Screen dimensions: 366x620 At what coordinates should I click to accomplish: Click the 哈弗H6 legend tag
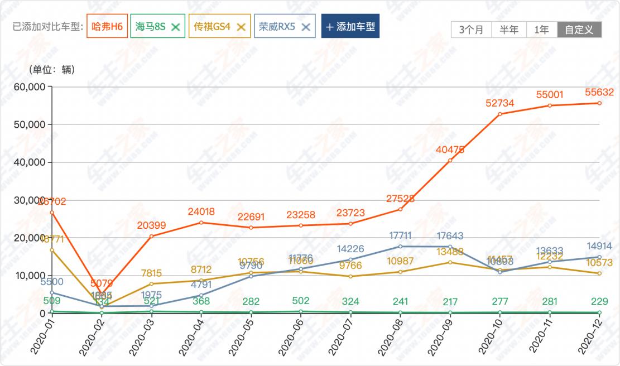(x=107, y=27)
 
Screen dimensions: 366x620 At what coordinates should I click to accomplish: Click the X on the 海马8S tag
(x=175, y=27)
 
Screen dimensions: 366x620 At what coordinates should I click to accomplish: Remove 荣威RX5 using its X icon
(x=305, y=27)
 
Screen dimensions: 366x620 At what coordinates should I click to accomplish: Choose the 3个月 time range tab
(x=471, y=30)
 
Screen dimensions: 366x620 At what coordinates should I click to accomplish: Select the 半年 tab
(x=508, y=30)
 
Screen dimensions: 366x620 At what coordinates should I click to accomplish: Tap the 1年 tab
(x=541, y=30)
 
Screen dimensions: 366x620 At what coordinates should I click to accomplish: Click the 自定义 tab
(x=579, y=30)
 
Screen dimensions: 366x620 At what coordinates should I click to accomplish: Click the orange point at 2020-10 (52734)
(x=499, y=114)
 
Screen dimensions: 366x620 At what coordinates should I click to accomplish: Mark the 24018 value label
(x=201, y=211)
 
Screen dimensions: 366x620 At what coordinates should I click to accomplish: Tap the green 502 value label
(x=300, y=301)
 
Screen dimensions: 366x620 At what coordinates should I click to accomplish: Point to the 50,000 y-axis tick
(x=29, y=124)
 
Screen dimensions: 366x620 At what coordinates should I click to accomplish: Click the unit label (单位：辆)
(x=52, y=70)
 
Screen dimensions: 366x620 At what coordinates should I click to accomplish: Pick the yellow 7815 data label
(x=151, y=273)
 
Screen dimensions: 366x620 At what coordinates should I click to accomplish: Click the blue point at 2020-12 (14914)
(x=599, y=257)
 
